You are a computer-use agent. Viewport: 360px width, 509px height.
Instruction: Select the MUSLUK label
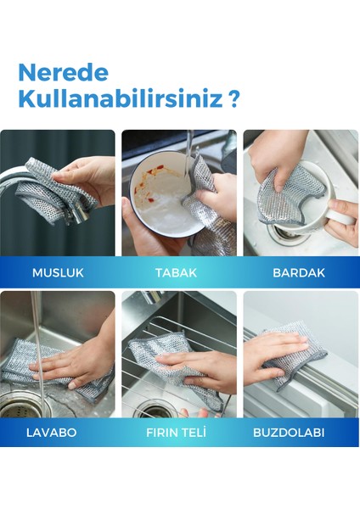click(57, 272)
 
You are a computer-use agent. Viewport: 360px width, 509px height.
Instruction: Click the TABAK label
click(176, 272)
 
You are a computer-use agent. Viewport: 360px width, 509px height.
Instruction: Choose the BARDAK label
click(296, 272)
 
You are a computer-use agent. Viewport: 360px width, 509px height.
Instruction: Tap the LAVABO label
click(53, 432)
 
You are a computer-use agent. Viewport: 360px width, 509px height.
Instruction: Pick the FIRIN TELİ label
click(179, 432)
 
